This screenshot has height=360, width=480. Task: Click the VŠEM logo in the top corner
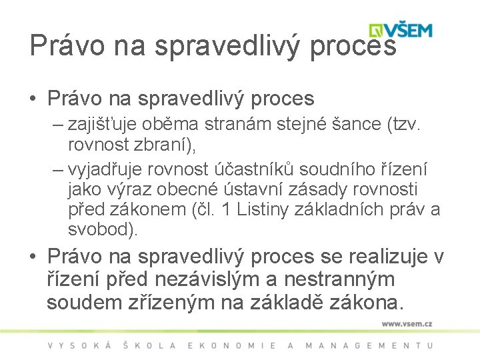click(x=401, y=31)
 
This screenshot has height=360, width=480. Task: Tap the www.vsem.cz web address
click(x=407, y=324)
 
